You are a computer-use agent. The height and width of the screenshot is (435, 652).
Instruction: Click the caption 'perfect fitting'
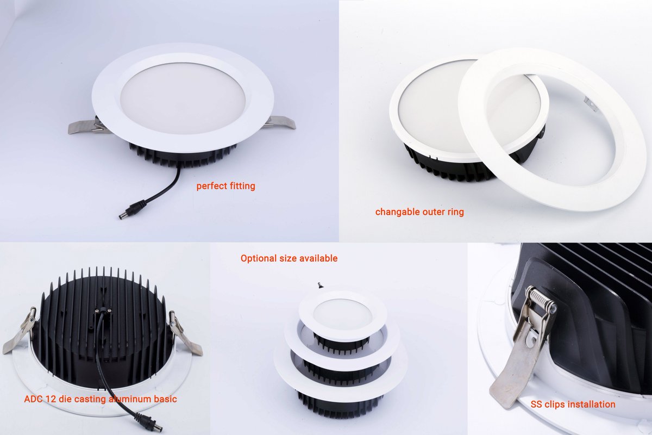point(225,186)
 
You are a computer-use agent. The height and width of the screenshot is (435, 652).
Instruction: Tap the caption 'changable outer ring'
point(419,212)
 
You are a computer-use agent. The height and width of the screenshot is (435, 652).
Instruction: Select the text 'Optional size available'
point(289,258)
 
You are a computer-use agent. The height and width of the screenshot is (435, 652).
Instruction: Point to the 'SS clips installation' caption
point(573,405)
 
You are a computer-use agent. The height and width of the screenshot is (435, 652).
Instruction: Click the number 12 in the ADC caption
point(51,399)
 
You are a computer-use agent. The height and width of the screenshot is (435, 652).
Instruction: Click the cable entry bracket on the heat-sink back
point(103,312)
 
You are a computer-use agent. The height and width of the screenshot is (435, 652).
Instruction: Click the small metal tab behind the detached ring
point(589,104)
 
